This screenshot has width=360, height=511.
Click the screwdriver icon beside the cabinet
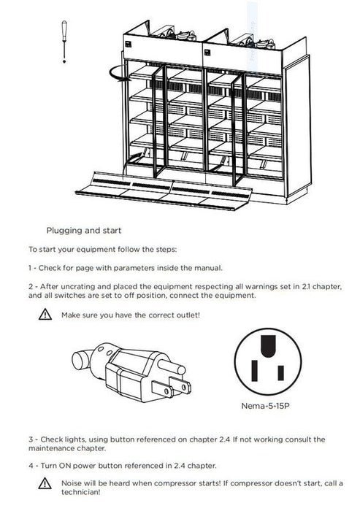64,42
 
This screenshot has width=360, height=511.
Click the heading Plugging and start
84,231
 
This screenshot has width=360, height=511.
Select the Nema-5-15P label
265,406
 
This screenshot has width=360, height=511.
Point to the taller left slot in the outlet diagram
255,371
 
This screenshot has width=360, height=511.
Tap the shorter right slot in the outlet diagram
280,373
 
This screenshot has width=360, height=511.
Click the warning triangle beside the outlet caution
45,315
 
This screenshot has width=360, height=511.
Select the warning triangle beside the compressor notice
45,483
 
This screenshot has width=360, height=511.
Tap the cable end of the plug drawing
80,361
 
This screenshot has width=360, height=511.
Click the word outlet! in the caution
188,315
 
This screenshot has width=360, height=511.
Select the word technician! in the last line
81,492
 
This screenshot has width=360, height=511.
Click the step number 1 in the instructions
30,268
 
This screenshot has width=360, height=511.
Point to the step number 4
31,466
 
